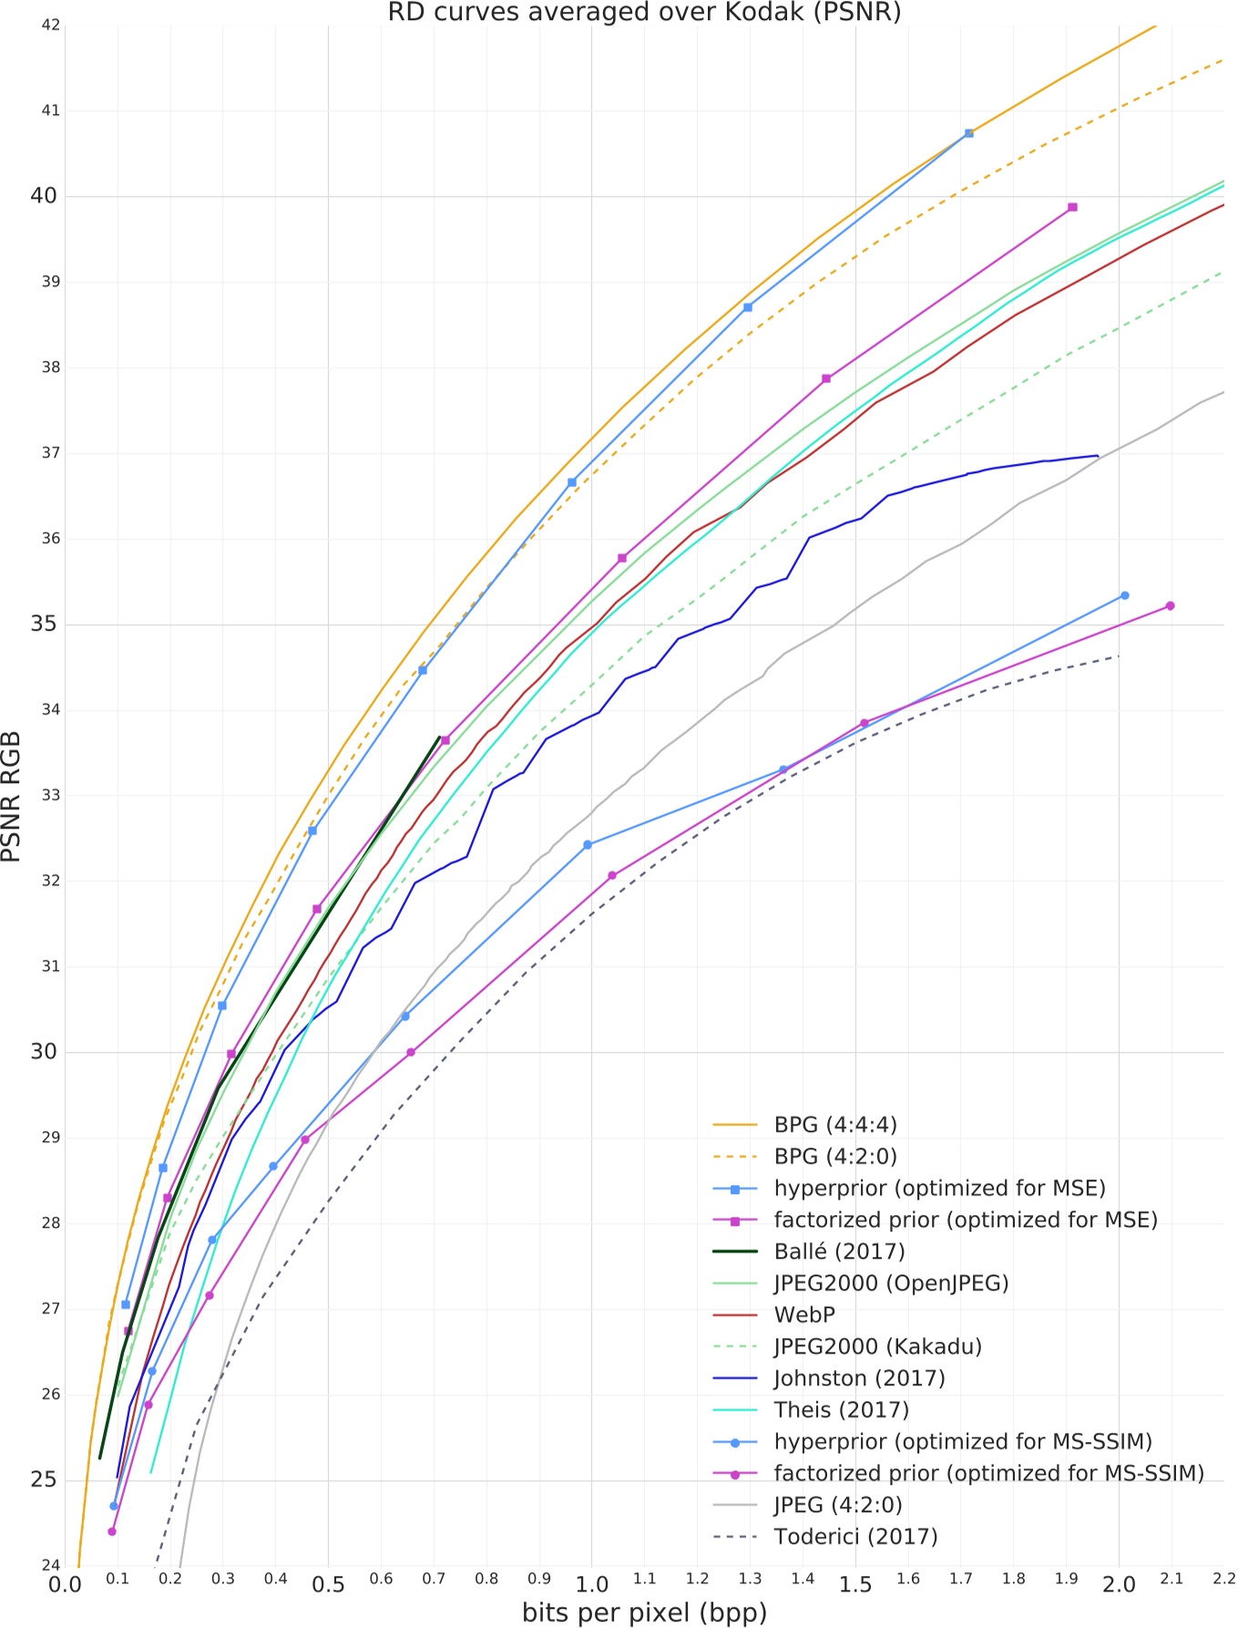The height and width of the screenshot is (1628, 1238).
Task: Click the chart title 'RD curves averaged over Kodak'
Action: (644, 13)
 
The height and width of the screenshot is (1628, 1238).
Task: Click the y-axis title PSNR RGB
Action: (12, 796)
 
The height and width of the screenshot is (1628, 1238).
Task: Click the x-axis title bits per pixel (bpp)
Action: (644, 1613)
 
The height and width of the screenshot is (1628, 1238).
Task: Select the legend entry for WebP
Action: (804, 1315)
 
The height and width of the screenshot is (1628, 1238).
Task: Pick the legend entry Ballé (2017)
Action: (839, 1252)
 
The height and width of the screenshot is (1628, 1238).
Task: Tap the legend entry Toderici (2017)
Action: (855, 1537)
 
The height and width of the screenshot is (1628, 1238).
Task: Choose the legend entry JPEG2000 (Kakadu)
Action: (877, 1346)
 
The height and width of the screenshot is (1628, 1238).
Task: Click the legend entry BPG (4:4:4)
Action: (835, 1125)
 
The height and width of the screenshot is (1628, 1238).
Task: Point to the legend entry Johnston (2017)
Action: (859, 1378)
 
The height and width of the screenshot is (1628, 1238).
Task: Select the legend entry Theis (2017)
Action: (841, 1410)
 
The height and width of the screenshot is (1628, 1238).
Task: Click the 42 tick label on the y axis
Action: (51, 26)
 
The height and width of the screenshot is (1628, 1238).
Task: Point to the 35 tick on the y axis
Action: (43, 624)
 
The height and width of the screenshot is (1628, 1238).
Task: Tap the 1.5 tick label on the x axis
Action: (854, 1585)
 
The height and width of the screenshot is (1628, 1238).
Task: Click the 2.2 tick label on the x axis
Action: (1223, 1578)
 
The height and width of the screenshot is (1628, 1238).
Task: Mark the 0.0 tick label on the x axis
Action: (65, 1585)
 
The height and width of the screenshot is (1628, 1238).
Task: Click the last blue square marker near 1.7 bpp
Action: (968, 134)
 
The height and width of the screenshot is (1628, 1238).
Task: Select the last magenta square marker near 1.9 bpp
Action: (1072, 208)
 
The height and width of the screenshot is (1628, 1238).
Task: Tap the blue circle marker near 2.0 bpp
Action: (1124, 596)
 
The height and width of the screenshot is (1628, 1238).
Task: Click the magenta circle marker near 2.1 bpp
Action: (1170, 606)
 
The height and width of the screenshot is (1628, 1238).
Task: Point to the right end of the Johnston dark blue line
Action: (1098, 456)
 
